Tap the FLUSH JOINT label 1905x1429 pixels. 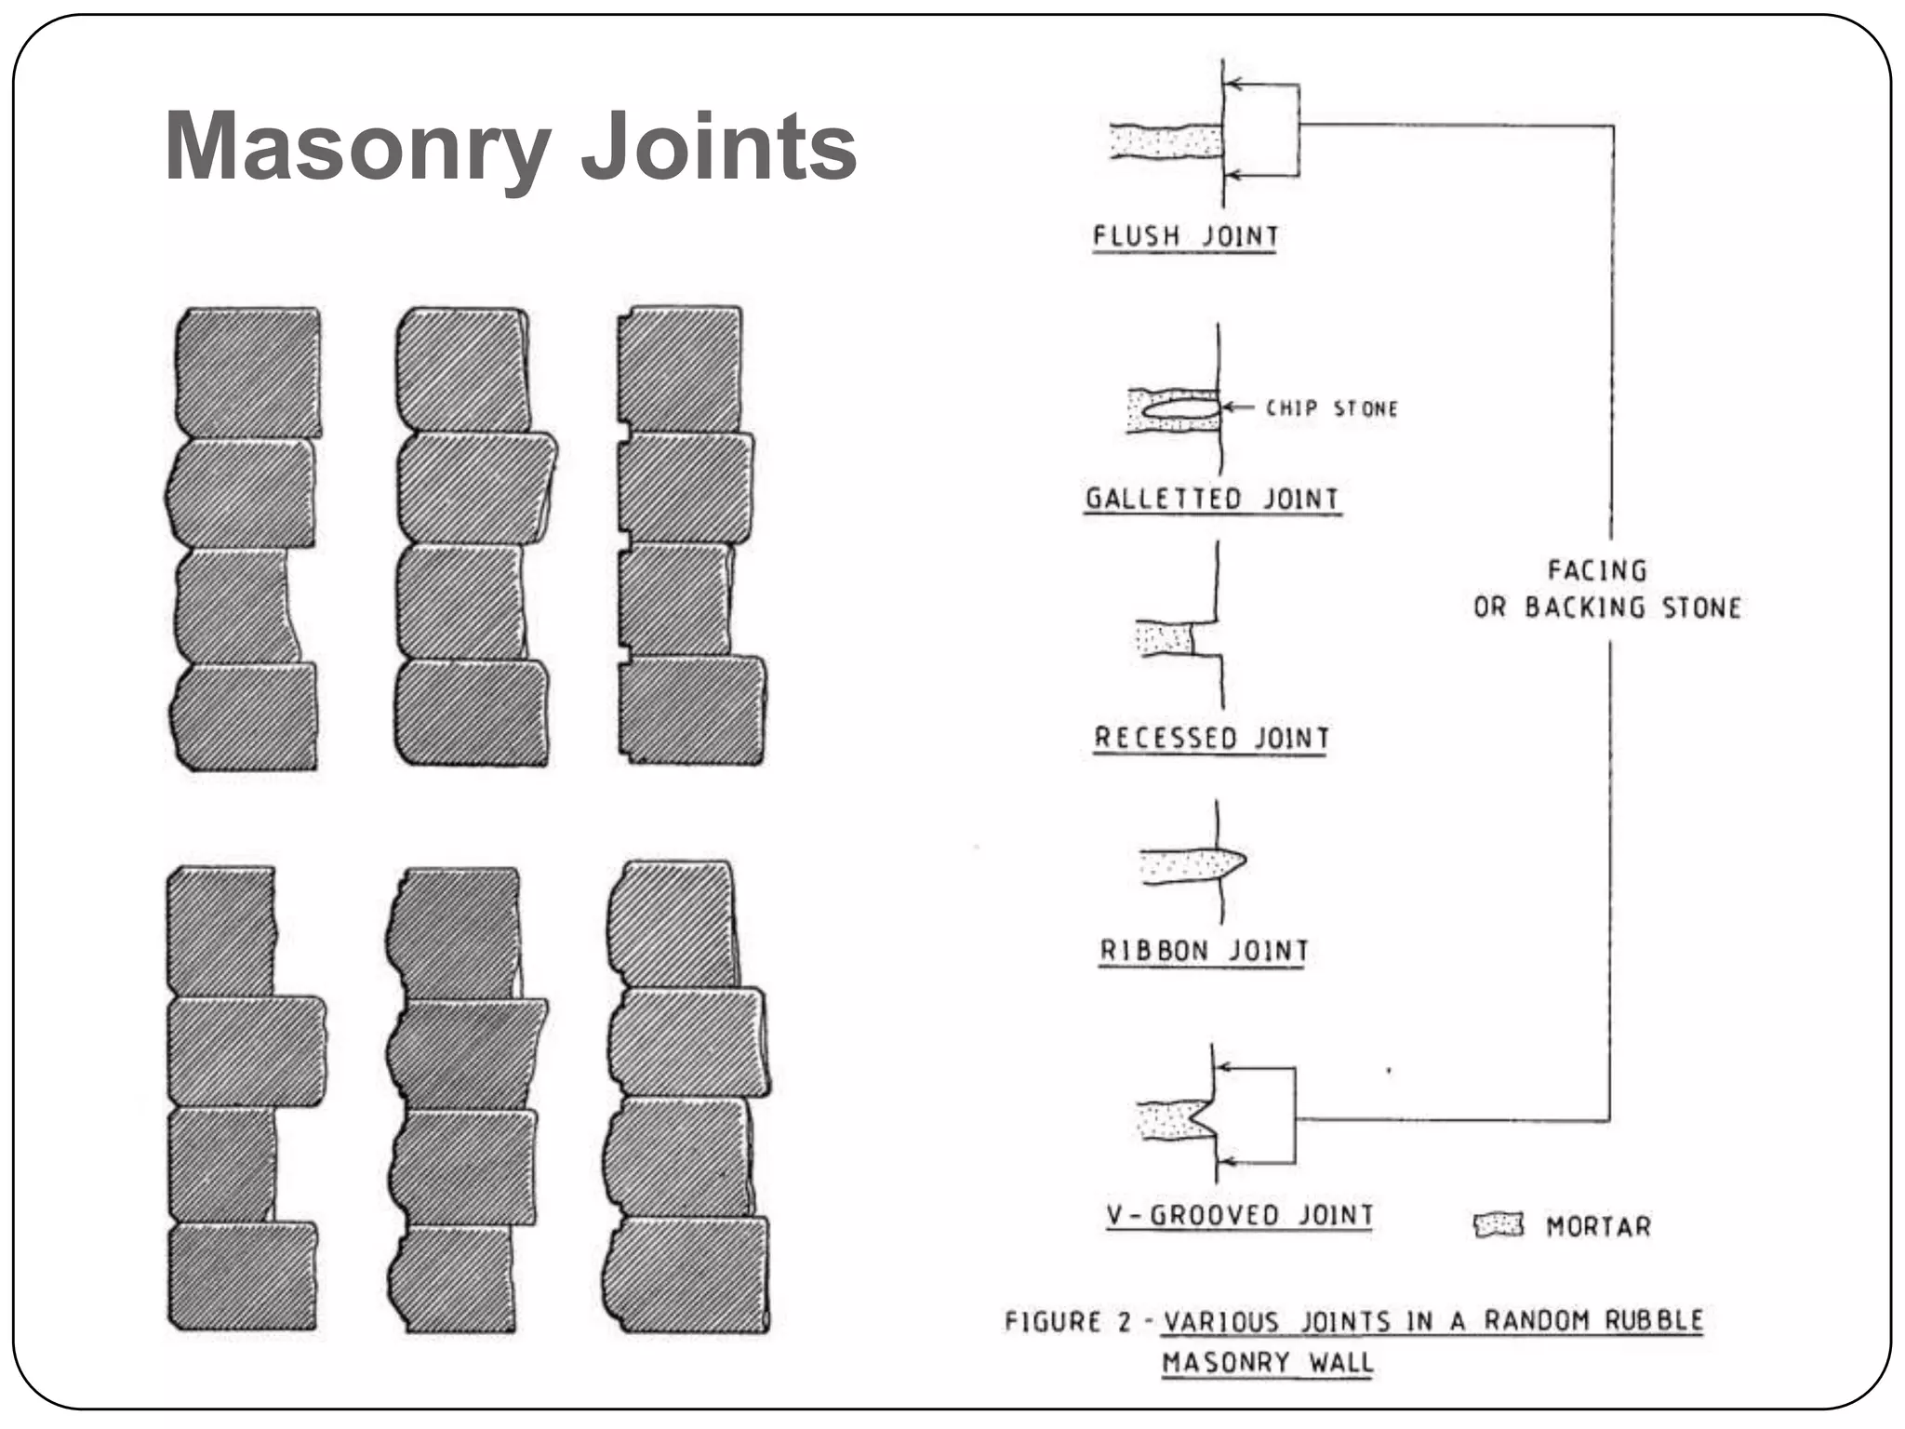1185,236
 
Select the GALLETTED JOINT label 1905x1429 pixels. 1212,499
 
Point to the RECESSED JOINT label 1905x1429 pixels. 1211,738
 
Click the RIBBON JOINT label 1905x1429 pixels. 1204,951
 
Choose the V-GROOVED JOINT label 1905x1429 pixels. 1239,1215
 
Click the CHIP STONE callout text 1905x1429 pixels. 1332,408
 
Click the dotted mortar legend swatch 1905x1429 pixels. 1499,1224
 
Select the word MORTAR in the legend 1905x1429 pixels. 1598,1226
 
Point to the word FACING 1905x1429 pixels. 1597,570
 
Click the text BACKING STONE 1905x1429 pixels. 1632,608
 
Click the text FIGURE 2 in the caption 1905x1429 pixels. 1066,1321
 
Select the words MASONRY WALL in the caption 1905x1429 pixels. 1267,1363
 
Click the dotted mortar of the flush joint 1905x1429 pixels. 1165,142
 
